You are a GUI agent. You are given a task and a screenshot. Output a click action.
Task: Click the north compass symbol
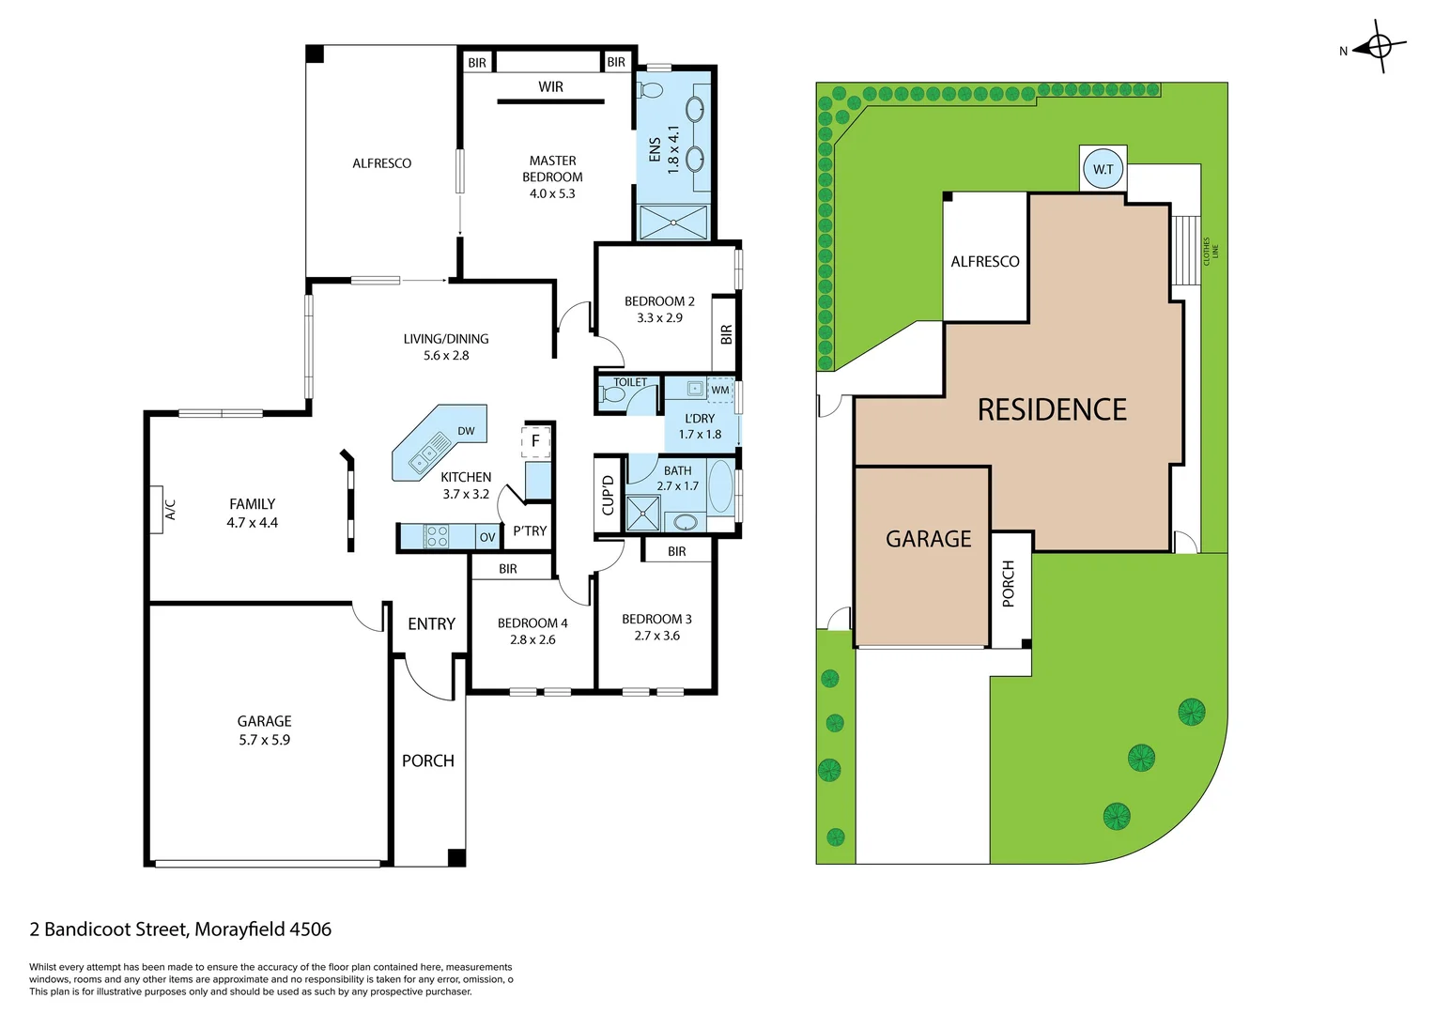point(1380,45)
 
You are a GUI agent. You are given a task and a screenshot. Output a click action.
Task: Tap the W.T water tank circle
point(1103,170)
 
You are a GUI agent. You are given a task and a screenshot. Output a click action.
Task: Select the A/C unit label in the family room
point(170,510)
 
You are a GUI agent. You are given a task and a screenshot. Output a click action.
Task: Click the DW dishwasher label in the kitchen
point(466,431)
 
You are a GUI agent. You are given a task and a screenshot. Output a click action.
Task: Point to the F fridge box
point(535,441)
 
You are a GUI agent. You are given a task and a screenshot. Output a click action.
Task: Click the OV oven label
point(486,538)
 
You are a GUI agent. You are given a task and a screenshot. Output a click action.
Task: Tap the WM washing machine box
point(719,390)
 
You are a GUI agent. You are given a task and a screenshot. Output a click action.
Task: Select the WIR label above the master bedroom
point(550,86)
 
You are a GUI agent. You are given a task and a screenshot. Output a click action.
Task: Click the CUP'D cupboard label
point(608,496)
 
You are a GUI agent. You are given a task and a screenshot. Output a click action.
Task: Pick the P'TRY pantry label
point(530,531)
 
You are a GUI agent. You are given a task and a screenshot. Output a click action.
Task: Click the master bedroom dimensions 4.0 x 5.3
point(552,193)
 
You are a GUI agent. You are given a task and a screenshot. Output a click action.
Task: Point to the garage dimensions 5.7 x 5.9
point(264,740)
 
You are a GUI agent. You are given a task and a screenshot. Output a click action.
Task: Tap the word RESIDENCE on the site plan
point(1052,410)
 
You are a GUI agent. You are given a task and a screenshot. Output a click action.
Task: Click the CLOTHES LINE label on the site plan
point(1211,251)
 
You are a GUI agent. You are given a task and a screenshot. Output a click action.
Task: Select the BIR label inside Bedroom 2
point(726,334)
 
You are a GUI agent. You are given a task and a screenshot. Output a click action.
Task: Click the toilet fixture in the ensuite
point(650,91)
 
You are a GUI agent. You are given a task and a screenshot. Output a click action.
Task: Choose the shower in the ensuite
point(672,223)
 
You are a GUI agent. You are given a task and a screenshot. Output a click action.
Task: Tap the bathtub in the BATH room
point(720,485)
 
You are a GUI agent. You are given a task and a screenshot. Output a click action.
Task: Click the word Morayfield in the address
point(239,929)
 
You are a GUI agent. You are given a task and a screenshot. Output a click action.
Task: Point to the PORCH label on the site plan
point(1009,583)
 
